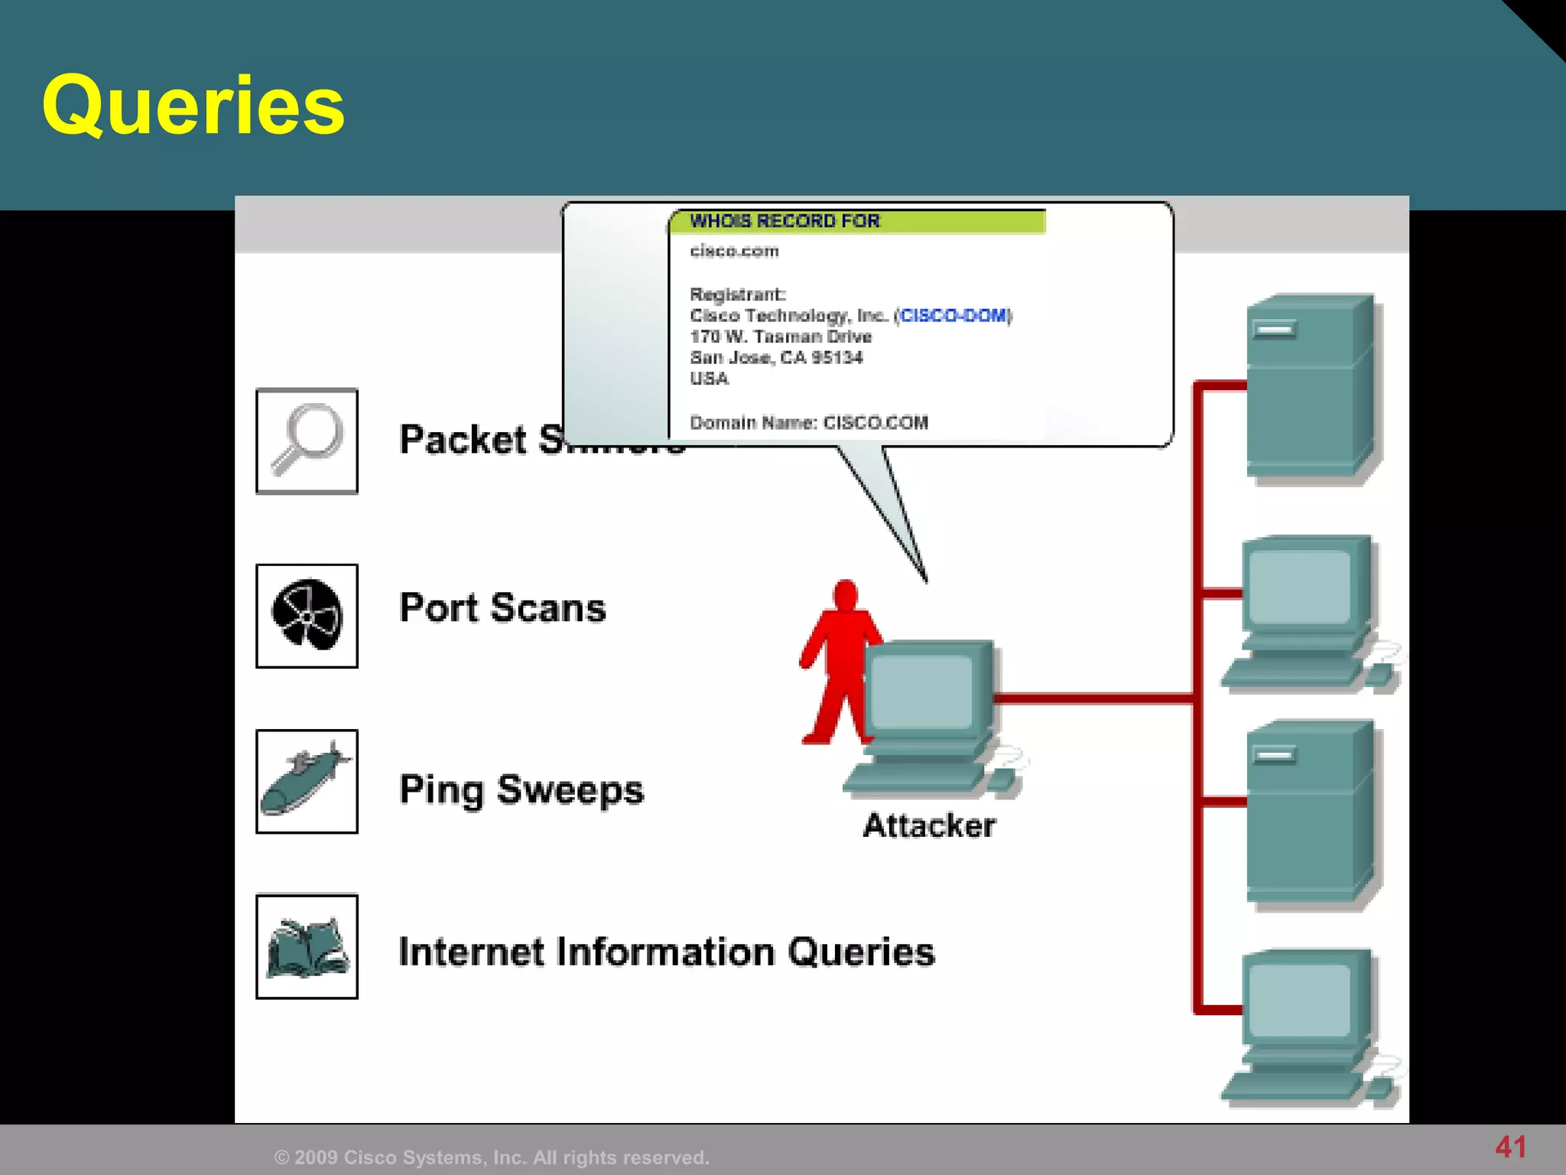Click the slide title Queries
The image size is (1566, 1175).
[x=193, y=105]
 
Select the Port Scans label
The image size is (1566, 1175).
[x=502, y=608]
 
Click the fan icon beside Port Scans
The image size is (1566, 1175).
[x=307, y=615]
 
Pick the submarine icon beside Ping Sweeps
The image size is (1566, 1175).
[x=307, y=781]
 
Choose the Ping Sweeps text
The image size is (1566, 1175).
[x=521, y=789]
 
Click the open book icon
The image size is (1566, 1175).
[x=307, y=947]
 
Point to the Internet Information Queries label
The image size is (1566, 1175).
[x=666, y=952]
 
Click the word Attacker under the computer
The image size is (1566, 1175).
[x=929, y=826]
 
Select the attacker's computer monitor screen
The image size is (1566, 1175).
[x=922, y=692]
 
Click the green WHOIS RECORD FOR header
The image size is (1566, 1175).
[x=856, y=221]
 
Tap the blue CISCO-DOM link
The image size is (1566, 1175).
[x=953, y=316]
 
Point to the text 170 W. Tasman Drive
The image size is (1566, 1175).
[x=781, y=337]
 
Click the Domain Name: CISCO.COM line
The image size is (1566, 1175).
[x=809, y=422]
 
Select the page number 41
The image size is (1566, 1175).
[x=1511, y=1147]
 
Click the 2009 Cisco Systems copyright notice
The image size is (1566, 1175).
[x=492, y=1157]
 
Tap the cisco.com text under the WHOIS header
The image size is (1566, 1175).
[x=734, y=251]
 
